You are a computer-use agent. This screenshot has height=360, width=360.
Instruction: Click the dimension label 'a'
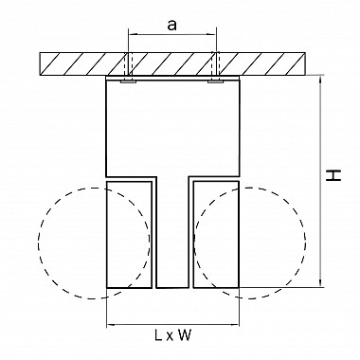click(171, 25)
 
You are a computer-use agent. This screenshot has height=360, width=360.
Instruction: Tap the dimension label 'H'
click(333, 175)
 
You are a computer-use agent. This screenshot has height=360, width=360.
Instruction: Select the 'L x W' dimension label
click(173, 335)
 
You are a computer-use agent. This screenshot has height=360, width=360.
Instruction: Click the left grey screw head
click(128, 81)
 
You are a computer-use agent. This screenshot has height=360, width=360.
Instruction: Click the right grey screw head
click(216, 81)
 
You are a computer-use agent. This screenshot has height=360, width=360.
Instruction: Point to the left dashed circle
click(38, 243)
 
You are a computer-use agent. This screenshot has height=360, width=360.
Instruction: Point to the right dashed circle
click(306, 243)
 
